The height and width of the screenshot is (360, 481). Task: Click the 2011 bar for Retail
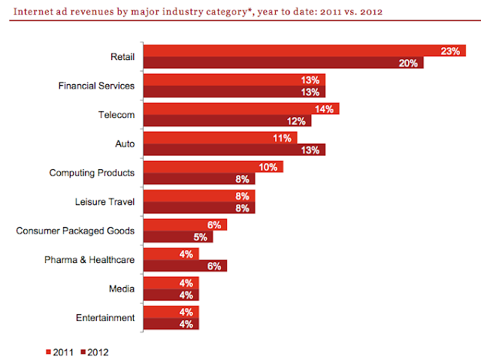(301, 50)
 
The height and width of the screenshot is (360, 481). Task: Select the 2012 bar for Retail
(283, 63)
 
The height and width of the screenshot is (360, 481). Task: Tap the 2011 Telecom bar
(240, 109)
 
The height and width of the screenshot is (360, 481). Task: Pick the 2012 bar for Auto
(234, 150)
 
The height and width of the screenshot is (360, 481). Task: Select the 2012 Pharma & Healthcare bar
(185, 265)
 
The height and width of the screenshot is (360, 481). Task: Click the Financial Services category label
(97, 86)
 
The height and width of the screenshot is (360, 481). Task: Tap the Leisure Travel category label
(105, 201)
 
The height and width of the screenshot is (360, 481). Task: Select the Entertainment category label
(105, 318)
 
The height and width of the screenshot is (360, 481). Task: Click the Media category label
(122, 289)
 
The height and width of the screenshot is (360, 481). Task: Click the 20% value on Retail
(410, 63)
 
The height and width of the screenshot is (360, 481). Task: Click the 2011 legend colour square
(49, 350)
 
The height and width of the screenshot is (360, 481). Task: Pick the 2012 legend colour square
(83, 350)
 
